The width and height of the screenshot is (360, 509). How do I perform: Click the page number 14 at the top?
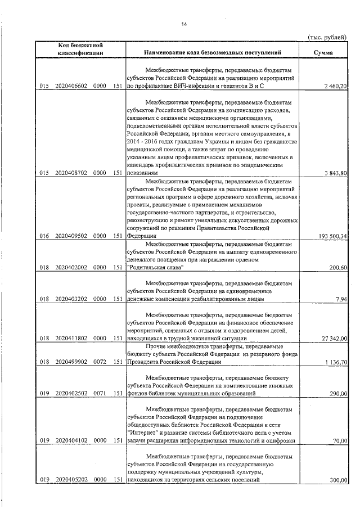[x=183, y=23]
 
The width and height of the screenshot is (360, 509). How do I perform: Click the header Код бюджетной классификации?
[x=79, y=48]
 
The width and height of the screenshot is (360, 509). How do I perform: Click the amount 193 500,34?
[x=332, y=236]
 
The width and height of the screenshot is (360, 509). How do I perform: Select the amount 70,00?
[x=340, y=441]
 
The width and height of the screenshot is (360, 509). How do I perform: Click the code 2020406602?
[x=71, y=86]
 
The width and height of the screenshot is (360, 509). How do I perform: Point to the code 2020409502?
[x=71, y=236]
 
